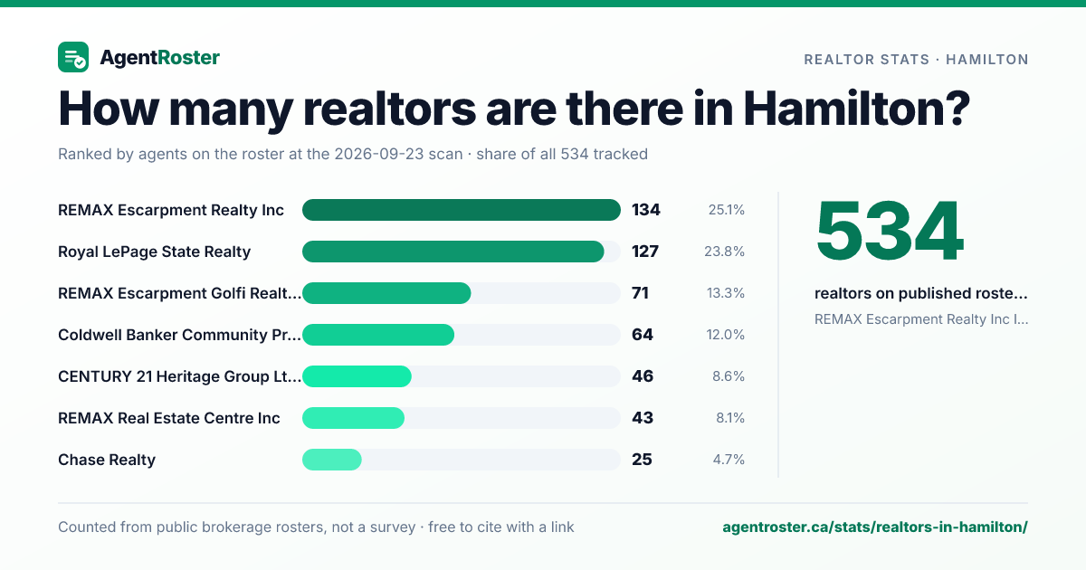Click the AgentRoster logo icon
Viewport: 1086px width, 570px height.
(73, 57)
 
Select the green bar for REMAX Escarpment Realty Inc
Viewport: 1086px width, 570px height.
(461, 210)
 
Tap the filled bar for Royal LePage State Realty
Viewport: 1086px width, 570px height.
(452, 252)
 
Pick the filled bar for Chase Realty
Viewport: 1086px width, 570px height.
(331, 460)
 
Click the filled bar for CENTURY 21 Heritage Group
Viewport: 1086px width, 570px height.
(357, 376)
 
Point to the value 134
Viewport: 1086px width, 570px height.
(646, 210)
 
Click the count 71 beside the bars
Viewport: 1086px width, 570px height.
(640, 293)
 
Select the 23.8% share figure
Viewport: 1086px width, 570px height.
(724, 252)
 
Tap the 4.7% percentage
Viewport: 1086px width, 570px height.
(729, 460)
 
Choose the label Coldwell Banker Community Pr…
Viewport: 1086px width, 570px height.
(179, 335)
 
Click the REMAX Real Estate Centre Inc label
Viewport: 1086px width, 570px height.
(168, 418)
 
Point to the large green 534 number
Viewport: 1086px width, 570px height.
(890, 231)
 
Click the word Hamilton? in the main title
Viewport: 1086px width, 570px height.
(857, 109)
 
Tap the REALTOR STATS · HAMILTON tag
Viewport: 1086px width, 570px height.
(916, 60)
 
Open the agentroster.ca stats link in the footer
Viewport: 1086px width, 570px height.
(875, 527)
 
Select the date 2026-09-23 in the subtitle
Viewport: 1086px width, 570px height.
(398, 154)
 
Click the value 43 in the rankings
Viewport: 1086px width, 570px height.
(643, 418)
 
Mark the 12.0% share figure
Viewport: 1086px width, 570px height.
(725, 335)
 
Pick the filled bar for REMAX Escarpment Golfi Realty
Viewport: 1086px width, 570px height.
(386, 293)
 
